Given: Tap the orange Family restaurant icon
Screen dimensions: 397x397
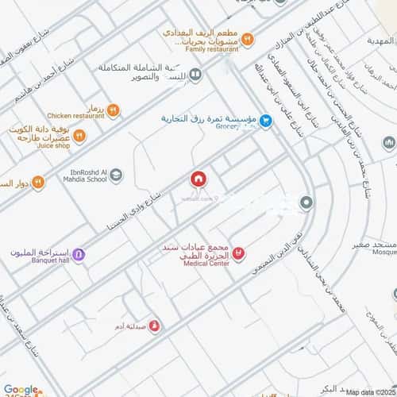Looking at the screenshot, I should [247, 38].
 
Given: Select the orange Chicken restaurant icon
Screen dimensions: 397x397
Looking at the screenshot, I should [113, 111].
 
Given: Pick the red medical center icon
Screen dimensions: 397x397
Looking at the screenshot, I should [239, 253].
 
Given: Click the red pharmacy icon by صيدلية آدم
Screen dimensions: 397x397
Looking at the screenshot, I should [154, 325].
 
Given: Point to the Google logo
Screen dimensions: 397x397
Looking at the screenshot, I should [21, 389].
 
